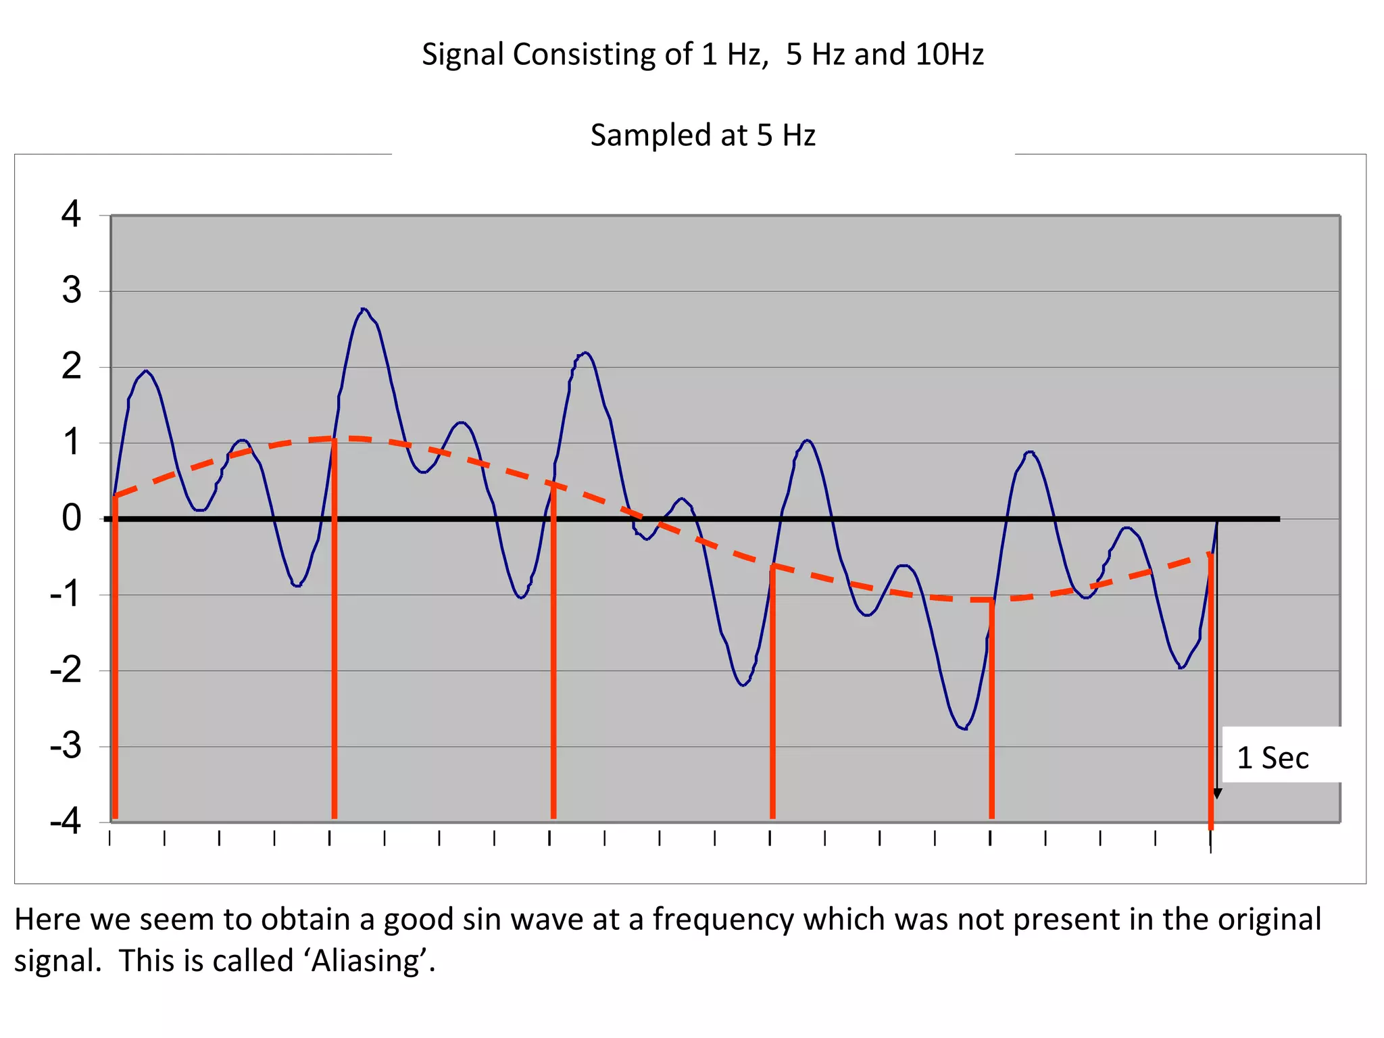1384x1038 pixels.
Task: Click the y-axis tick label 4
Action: tap(71, 214)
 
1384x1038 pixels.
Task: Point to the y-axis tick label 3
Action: tap(71, 291)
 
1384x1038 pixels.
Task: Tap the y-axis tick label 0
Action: tap(71, 518)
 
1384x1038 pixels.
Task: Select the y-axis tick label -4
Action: tap(66, 822)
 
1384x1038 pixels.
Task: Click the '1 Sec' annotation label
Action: tap(1272, 758)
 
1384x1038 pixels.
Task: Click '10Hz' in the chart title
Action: tap(949, 54)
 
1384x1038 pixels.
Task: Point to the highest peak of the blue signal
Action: tap(364, 310)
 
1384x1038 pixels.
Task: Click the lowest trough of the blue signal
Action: tap(964, 728)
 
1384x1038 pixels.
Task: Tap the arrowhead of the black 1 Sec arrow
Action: tap(1217, 793)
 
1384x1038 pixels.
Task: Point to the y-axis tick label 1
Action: tap(71, 443)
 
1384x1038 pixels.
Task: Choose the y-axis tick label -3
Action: tap(66, 746)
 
